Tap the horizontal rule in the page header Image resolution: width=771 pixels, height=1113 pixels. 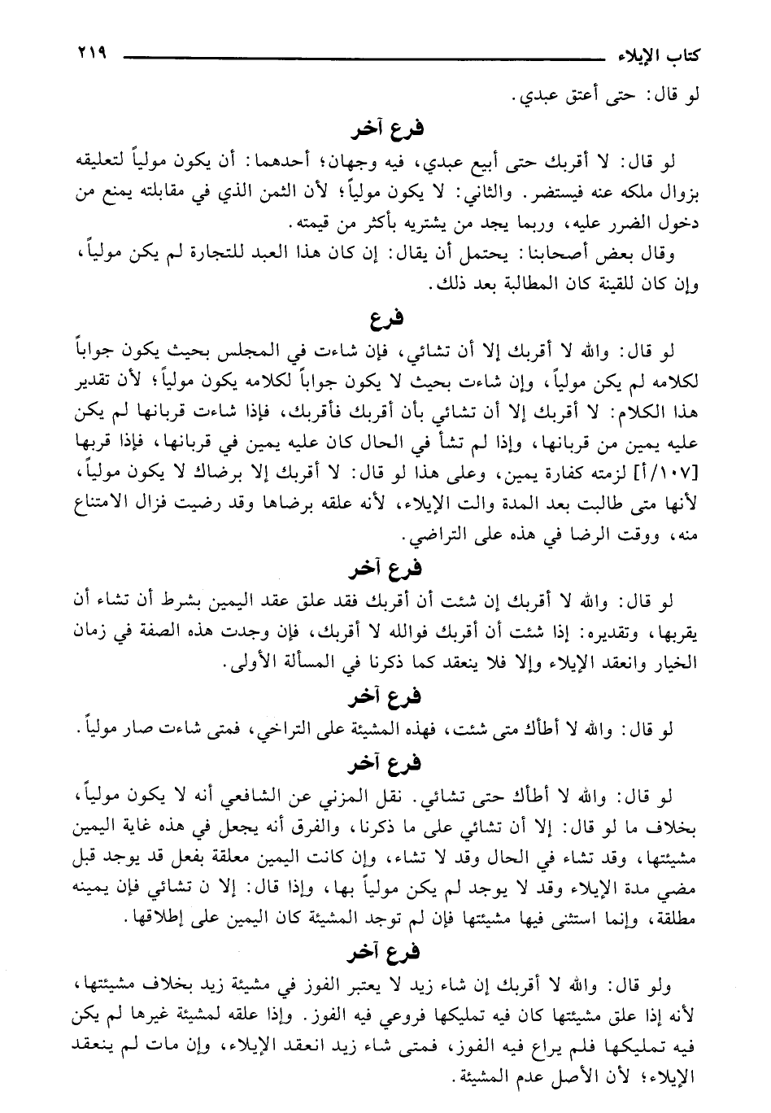pyautogui.click(x=358, y=58)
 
